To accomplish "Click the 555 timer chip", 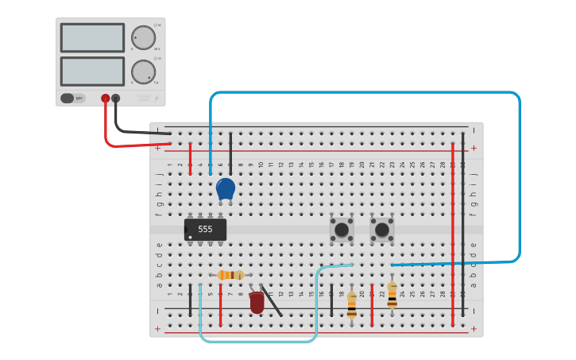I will point(205,230).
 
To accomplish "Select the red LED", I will point(257,303).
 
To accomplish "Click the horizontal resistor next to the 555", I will point(230,275).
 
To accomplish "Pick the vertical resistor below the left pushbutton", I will point(352,305).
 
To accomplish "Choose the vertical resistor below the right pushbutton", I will point(392,295).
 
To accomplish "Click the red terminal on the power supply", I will point(106,99).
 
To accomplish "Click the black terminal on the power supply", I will point(116,99).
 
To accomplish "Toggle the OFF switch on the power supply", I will point(72,99).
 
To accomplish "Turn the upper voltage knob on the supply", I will point(143,37).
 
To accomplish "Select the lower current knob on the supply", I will point(143,72).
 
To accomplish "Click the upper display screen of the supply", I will point(92,37).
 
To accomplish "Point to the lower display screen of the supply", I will point(92,72).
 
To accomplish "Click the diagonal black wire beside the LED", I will point(271,300).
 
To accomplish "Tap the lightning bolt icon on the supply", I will point(157,99).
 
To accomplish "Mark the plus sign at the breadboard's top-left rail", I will point(157,148).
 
